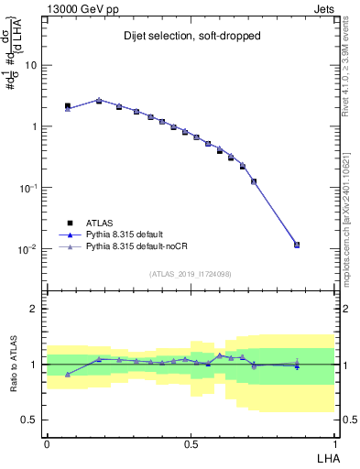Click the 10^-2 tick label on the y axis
(x=27, y=249)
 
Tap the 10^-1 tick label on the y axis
(x=27, y=188)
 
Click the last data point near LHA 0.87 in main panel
(x=297, y=245)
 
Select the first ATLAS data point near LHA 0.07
(x=68, y=106)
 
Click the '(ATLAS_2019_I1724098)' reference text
(x=191, y=273)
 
